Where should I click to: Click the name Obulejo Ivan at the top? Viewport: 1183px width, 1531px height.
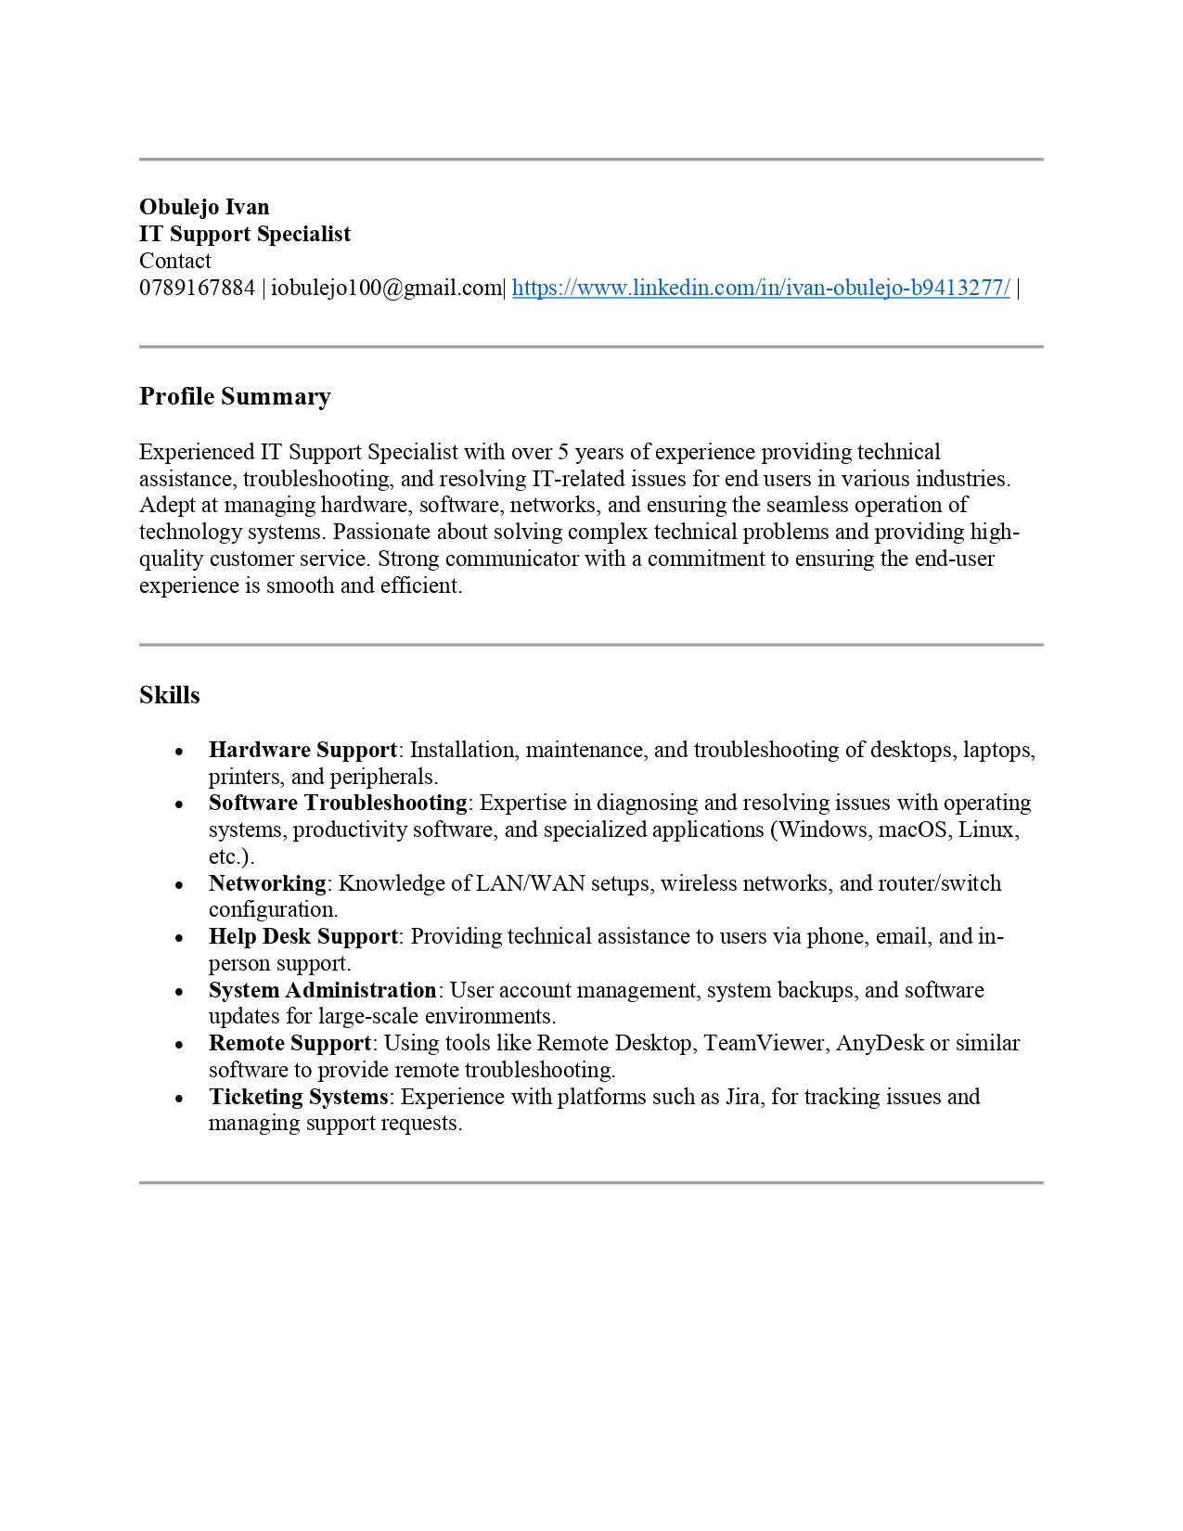tap(204, 207)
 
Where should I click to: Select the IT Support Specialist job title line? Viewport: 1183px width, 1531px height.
tap(245, 234)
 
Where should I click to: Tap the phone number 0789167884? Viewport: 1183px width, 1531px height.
tap(197, 288)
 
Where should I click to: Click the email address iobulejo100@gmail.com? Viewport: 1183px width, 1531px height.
tap(385, 288)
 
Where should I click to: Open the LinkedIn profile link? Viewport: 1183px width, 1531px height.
tap(760, 288)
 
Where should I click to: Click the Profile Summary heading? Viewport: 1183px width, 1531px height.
tap(235, 397)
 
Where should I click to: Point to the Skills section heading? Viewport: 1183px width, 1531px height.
tap(169, 695)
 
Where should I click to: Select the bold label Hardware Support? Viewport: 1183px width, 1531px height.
tap(302, 750)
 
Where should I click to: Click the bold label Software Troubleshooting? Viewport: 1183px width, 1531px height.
tap(338, 803)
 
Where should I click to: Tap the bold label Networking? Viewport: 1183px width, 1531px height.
tap(267, 883)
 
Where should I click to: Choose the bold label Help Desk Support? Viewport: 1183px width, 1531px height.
tap(302, 936)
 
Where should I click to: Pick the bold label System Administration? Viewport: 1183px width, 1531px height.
tap(322, 990)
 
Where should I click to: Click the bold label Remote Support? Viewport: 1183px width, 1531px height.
tap(289, 1043)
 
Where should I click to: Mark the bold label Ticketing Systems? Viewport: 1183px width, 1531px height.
tap(298, 1097)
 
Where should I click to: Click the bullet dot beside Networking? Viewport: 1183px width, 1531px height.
tap(179, 885)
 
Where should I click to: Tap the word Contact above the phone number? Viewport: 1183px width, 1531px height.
tap(175, 261)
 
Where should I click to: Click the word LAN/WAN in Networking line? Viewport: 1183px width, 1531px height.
tap(530, 883)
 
